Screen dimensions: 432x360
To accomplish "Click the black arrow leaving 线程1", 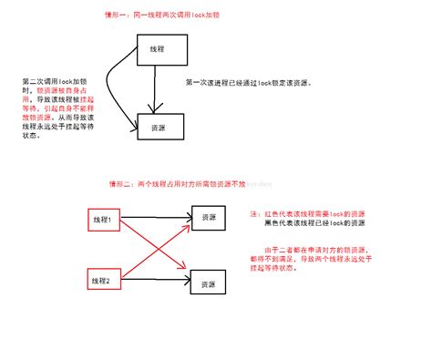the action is [x=155, y=220].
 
